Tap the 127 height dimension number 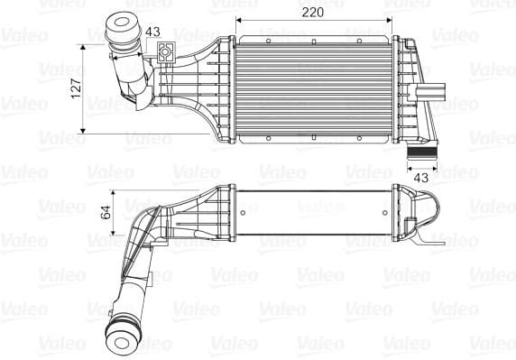tap(77, 87)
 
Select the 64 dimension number tap(105, 213)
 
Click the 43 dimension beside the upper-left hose tap(152, 32)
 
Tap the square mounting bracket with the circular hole tap(166, 53)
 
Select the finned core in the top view tap(313, 88)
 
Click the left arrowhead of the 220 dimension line tap(237, 21)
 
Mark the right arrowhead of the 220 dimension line tap(391, 21)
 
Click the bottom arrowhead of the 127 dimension tap(87, 131)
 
